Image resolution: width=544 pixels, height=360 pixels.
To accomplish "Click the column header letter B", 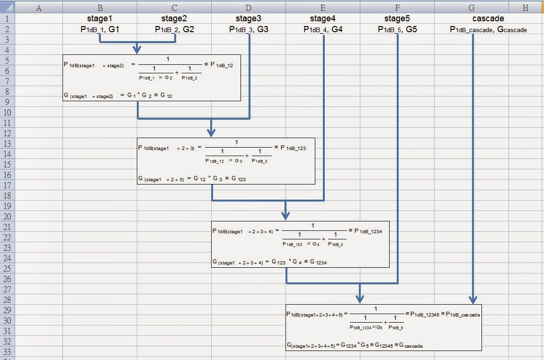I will coord(100,8).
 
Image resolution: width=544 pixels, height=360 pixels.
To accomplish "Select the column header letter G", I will coord(472,8).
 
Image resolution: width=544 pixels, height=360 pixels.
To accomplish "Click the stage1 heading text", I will coord(100,19).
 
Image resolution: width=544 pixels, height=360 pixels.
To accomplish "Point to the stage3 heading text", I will coord(249,19).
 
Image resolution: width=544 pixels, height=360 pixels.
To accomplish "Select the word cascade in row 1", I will coord(488,19).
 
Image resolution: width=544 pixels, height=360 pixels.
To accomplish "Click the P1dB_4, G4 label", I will coord(323,29).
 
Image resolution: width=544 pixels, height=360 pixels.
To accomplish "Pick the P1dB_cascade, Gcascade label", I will coord(488,29).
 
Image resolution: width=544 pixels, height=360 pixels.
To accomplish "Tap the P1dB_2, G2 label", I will coord(174,29).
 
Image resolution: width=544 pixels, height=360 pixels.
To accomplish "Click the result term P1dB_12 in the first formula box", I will coord(222,65).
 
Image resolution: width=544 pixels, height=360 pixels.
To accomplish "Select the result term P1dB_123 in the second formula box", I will coord(293,148).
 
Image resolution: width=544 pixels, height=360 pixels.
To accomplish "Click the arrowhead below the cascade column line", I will coord(472,300).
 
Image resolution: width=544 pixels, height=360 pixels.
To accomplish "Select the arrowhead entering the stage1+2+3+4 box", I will coord(285,216).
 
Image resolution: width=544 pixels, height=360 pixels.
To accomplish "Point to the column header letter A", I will coord(39,8).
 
